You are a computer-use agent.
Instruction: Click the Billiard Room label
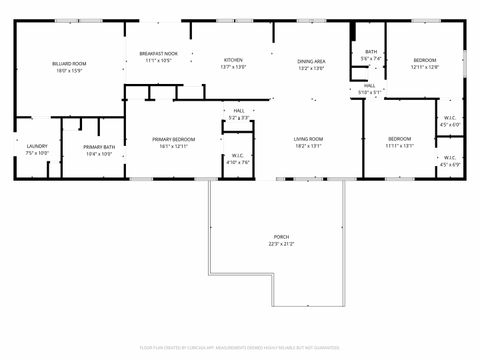point(69,64)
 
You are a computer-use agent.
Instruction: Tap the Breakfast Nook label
point(158,53)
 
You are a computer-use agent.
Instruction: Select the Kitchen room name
point(233,60)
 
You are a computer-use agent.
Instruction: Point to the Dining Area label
point(311,62)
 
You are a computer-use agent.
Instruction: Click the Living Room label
point(307,139)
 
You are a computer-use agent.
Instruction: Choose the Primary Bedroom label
point(173,139)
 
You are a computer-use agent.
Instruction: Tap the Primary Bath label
point(99,147)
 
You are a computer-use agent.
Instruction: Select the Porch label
point(281,237)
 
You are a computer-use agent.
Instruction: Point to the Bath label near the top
point(371,52)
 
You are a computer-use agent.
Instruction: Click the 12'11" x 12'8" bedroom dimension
point(425,68)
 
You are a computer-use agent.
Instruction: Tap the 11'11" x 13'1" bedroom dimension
point(399,145)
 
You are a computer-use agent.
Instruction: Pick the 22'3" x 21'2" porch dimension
point(281,244)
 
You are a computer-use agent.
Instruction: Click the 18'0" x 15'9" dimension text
point(69,71)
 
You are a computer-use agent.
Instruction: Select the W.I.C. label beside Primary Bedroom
point(238,155)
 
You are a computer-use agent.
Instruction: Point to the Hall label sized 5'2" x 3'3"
point(239,111)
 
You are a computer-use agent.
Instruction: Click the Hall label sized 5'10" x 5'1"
point(369,87)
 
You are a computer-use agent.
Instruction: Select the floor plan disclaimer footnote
point(240,348)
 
